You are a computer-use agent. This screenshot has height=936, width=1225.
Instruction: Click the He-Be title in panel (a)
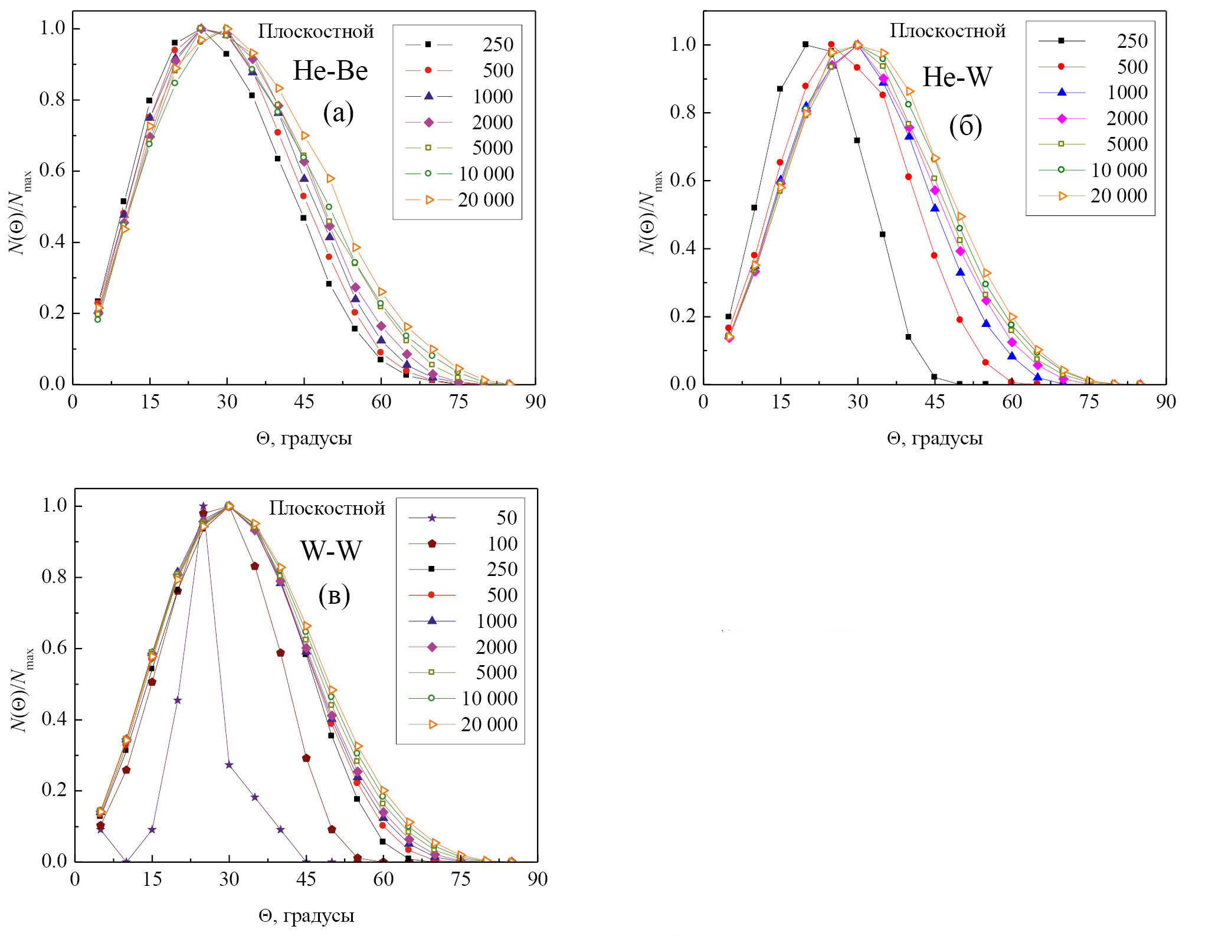[330, 71]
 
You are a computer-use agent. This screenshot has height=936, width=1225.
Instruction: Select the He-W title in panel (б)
[957, 77]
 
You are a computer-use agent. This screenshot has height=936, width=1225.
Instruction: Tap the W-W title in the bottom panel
[331, 551]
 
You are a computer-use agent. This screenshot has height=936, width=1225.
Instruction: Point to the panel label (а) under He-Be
[338, 112]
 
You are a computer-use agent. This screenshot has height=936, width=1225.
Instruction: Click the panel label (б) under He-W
[965, 126]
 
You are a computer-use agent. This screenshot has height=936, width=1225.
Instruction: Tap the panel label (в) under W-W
[334, 596]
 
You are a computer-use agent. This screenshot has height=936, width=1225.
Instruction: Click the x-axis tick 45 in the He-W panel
[935, 402]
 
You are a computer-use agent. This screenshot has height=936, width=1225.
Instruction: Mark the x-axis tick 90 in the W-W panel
[538, 879]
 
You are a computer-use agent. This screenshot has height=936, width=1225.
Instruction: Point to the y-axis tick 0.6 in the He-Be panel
[52, 171]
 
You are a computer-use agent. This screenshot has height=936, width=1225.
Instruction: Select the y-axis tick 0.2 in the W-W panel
[54, 790]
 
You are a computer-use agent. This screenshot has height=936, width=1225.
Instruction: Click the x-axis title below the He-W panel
[935, 438]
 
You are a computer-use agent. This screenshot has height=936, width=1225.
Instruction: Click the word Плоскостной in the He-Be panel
[316, 31]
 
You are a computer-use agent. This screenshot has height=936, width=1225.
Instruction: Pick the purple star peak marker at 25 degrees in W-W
[203, 506]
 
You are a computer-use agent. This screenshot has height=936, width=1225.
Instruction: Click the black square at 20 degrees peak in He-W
[805, 44]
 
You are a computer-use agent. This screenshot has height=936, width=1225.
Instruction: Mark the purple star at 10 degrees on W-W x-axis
[126, 862]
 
